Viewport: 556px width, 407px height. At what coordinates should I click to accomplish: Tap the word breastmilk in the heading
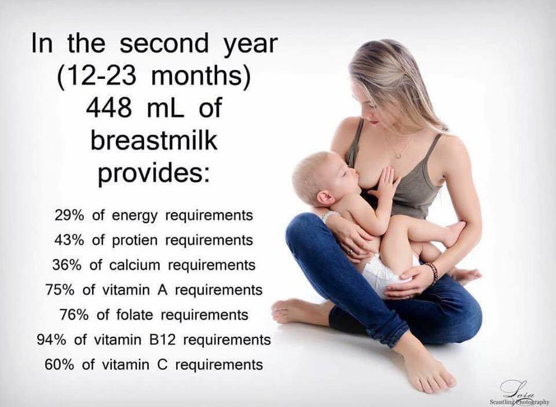153,141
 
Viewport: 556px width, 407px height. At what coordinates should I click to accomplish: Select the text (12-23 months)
154,77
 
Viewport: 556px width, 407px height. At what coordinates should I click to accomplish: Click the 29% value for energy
70,215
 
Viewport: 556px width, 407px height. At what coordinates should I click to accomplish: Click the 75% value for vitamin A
60,290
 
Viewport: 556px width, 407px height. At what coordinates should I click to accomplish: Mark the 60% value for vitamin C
60,365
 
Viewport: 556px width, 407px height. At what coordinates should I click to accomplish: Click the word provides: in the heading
153,173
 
